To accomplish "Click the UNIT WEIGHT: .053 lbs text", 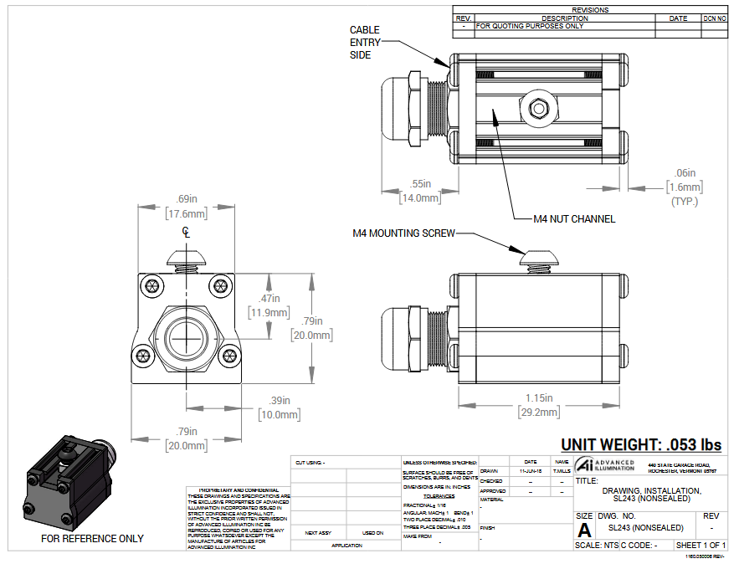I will pos(640,445).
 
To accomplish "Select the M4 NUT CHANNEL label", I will pos(574,219).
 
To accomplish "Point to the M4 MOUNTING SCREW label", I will pos(403,233).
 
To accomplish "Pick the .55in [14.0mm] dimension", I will pos(421,191).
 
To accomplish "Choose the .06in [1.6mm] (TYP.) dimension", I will pos(685,187).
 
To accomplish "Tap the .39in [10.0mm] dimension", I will pos(280,408).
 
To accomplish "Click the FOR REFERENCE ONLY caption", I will pos(92,539).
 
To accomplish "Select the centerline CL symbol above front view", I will pos(186,233).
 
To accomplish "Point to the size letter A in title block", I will pos(584,530).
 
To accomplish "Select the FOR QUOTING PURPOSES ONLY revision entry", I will pos(530,26).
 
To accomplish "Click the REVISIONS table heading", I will pos(590,10).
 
